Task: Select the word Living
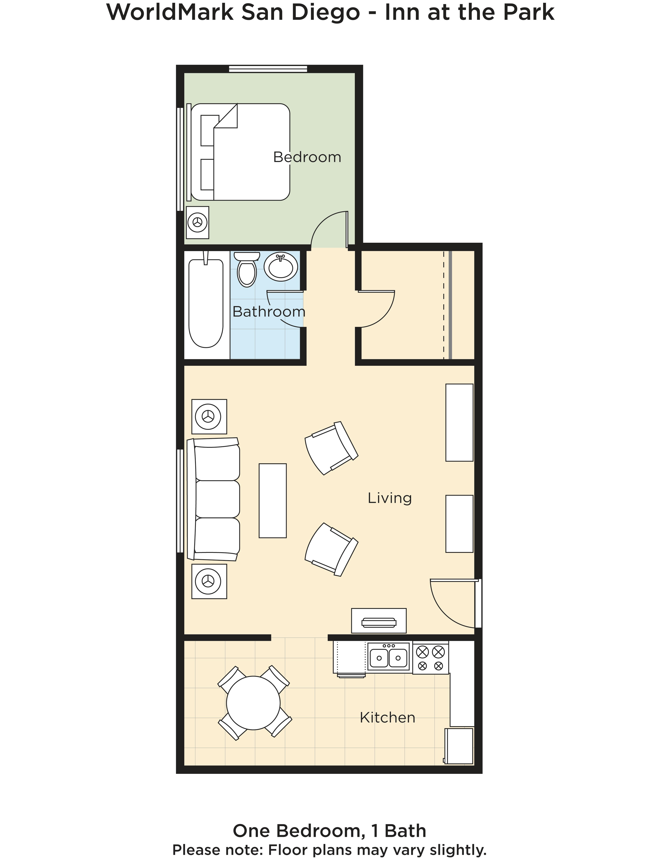(x=390, y=498)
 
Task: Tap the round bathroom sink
(x=281, y=266)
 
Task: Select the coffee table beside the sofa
(x=273, y=500)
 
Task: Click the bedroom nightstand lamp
(x=197, y=222)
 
